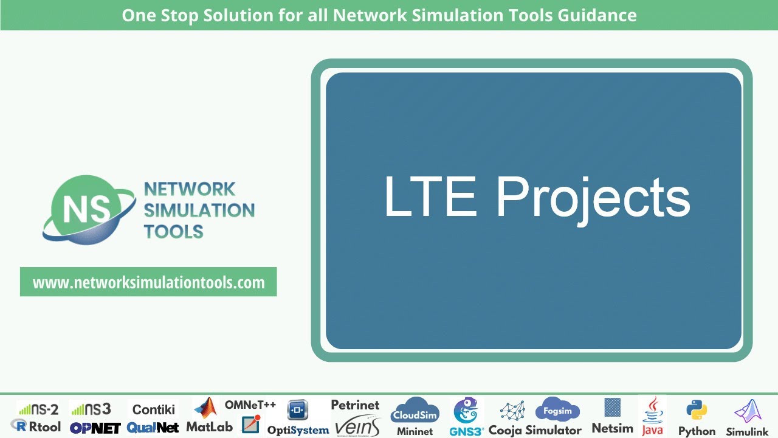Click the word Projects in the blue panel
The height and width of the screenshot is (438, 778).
(x=593, y=198)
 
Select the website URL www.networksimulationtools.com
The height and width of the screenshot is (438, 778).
(x=148, y=282)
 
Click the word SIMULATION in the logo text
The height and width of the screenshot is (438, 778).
(x=199, y=210)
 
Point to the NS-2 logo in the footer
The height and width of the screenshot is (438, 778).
(x=38, y=409)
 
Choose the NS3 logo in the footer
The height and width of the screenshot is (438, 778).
(x=91, y=409)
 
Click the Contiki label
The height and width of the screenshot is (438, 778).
(x=154, y=409)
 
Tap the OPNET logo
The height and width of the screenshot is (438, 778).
(x=95, y=428)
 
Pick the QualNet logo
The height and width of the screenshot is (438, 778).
(x=153, y=428)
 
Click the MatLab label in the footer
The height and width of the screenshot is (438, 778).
(x=209, y=426)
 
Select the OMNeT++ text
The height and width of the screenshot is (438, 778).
(x=250, y=405)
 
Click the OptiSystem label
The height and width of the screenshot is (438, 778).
(x=298, y=429)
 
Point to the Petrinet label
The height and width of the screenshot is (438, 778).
(x=355, y=405)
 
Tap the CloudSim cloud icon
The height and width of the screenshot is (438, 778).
(x=415, y=412)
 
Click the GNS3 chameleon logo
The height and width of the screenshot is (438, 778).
(x=466, y=411)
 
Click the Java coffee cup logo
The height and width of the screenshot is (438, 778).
(x=652, y=410)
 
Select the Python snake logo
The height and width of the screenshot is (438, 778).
(x=696, y=411)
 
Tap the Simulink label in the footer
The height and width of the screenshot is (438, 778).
(x=748, y=431)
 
